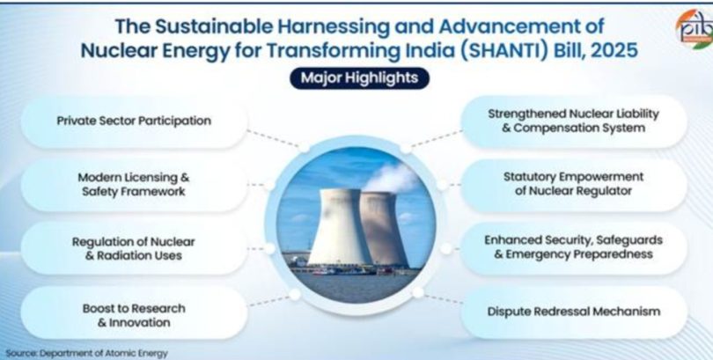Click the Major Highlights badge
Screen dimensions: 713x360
(359, 78)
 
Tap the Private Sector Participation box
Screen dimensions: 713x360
(134, 121)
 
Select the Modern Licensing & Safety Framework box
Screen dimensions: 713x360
(134, 185)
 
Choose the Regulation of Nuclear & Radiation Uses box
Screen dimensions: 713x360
(134, 248)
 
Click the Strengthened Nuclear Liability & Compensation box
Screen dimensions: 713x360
(574, 121)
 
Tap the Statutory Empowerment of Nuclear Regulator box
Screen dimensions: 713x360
(574, 184)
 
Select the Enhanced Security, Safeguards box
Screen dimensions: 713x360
(574, 247)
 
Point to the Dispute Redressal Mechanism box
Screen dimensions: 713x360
(574, 312)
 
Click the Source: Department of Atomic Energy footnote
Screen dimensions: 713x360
(86, 353)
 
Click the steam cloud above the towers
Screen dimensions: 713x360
(392, 176)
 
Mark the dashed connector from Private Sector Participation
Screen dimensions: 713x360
(273, 139)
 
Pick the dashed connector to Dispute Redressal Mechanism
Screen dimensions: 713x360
(444, 298)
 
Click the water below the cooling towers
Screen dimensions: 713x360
(355, 287)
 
